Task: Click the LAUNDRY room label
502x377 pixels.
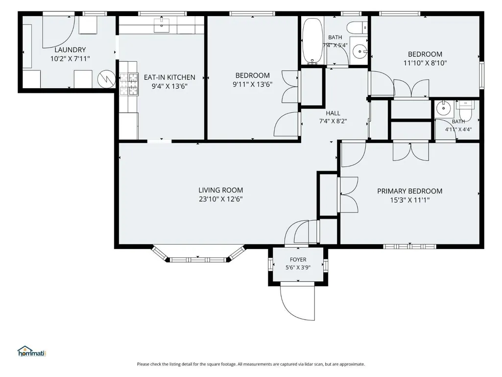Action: point(70,50)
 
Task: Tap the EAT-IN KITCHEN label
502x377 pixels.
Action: point(169,77)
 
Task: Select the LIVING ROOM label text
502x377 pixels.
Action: point(220,190)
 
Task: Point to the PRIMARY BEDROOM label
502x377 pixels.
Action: point(410,191)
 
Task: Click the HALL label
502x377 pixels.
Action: point(333,113)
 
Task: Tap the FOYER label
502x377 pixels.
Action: point(298,260)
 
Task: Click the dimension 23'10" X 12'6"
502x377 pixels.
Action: point(220,199)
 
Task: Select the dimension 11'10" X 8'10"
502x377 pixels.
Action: point(425,63)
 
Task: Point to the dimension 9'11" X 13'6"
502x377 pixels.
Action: point(253,85)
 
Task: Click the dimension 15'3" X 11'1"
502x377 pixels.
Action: point(410,201)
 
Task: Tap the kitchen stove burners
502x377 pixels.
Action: point(129,84)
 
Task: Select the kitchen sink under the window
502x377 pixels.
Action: point(162,25)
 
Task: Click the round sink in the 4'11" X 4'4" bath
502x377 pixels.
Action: point(443,108)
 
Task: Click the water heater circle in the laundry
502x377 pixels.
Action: point(107,79)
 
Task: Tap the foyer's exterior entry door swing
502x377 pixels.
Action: point(297,302)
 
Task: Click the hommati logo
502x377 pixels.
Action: point(32,352)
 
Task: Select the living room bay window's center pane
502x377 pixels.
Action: point(198,260)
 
